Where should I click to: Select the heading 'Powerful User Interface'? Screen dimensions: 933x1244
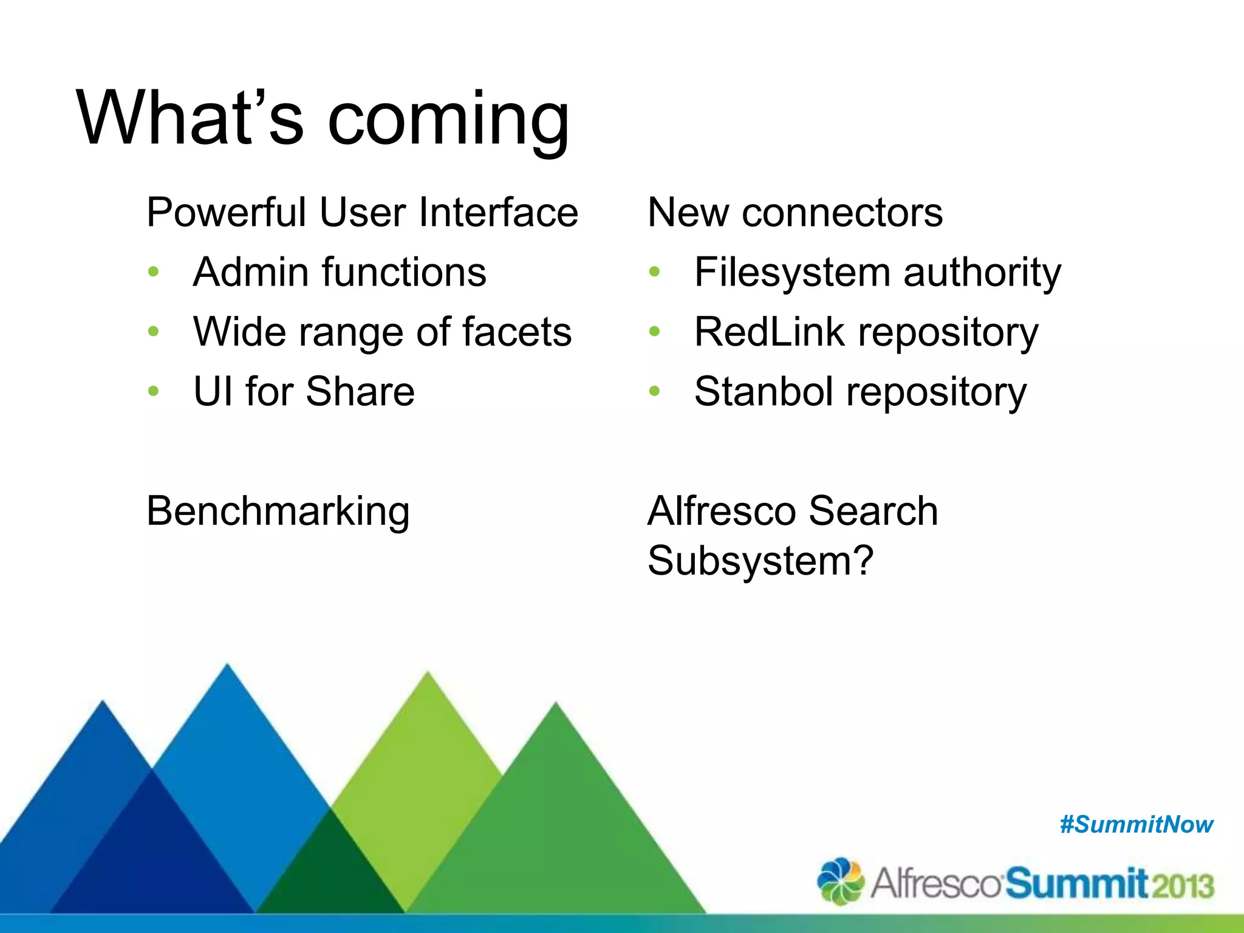pyautogui.click(x=362, y=213)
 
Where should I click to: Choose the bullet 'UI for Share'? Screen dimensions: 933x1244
pyautogui.click(x=304, y=391)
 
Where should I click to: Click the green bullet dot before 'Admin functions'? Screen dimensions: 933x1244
pyautogui.click(x=153, y=272)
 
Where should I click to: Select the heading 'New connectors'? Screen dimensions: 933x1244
pyautogui.click(x=795, y=213)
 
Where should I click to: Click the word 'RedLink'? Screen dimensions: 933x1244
pyautogui.click(x=769, y=332)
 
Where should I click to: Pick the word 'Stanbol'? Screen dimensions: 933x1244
pyautogui.click(x=764, y=391)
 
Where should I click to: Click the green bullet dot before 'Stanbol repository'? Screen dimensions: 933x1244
pyautogui.click(x=654, y=391)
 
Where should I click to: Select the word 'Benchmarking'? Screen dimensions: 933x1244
pyautogui.click(x=278, y=511)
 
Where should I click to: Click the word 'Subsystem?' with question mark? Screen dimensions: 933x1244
pyautogui.click(x=760, y=560)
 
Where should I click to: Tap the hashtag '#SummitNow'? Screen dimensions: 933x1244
pyautogui.click(x=1136, y=825)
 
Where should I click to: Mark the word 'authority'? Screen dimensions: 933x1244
pyautogui.click(x=982, y=273)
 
